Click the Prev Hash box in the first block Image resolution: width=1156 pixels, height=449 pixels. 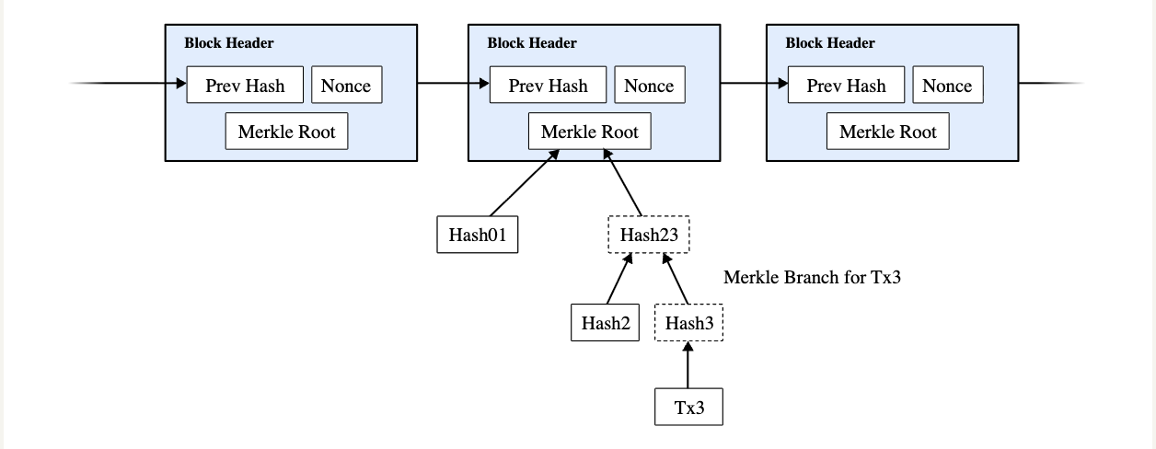click(244, 86)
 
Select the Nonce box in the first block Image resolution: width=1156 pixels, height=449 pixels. click(347, 86)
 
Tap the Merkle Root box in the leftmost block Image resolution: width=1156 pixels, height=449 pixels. click(287, 132)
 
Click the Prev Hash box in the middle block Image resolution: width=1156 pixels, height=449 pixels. click(548, 86)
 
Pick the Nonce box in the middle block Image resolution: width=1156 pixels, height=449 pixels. click(649, 86)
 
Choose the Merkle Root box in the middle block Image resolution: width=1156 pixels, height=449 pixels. click(590, 132)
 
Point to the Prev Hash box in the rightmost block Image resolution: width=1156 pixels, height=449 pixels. click(846, 86)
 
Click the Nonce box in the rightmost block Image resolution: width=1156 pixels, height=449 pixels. click(947, 86)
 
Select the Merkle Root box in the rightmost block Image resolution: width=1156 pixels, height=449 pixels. click(888, 132)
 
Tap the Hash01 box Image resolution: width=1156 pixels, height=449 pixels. click(477, 235)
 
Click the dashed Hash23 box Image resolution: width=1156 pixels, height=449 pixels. click(649, 235)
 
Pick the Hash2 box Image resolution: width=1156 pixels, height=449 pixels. click(605, 323)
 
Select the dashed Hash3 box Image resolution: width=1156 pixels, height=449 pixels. click(689, 323)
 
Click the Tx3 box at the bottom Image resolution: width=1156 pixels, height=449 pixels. click(688, 408)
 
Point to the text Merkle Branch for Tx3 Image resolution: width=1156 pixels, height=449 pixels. click(811, 278)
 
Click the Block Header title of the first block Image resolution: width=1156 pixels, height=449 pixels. click(228, 43)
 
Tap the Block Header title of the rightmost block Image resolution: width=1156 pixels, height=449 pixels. click(830, 43)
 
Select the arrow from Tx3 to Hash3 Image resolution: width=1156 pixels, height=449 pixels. click(688, 365)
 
